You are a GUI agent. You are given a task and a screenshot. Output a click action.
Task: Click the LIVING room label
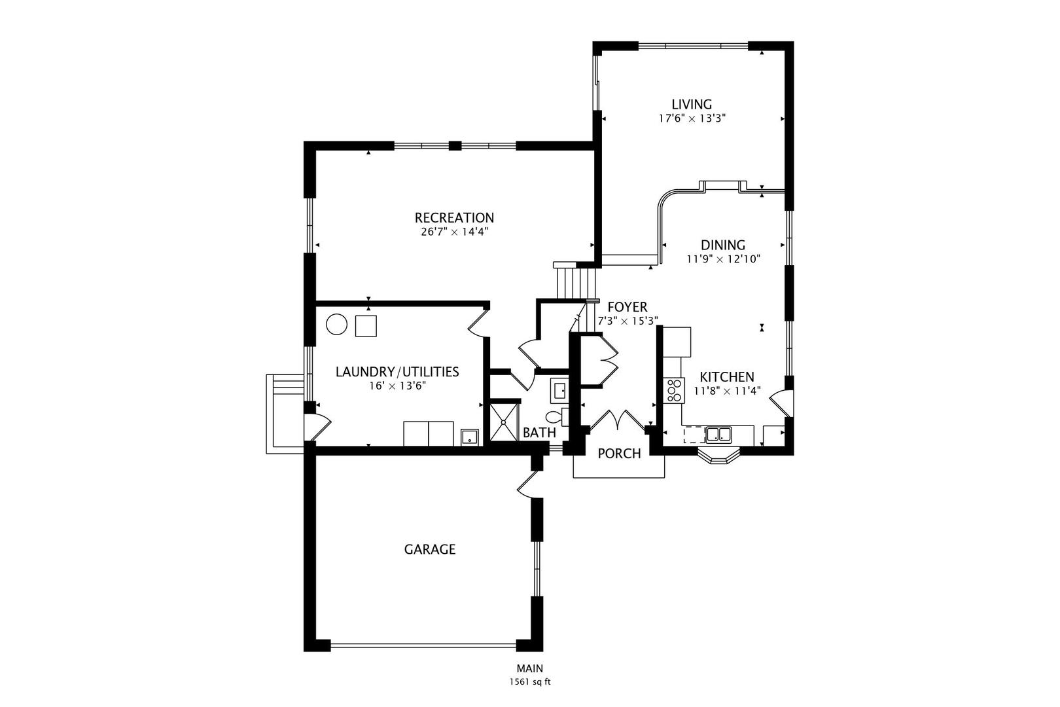point(692,104)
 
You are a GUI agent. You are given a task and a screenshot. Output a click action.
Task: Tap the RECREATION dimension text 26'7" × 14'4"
point(454,232)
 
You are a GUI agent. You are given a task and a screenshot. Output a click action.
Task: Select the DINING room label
point(722,245)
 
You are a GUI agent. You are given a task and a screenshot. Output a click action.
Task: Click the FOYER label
point(627,307)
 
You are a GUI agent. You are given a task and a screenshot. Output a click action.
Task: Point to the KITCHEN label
point(726,377)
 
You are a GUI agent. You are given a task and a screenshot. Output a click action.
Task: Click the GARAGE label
point(429,549)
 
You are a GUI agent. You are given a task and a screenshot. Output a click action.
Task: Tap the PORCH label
point(619,454)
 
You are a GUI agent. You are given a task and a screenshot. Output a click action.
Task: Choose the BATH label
point(539,433)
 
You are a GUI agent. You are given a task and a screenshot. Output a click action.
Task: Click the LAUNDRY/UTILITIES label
point(397,372)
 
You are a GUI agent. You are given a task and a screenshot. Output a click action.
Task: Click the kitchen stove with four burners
point(673,390)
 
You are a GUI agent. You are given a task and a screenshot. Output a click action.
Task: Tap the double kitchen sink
point(718,434)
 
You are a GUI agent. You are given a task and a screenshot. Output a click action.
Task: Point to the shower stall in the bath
point(504,423)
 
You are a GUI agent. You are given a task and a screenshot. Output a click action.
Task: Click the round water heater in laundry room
point(337,325)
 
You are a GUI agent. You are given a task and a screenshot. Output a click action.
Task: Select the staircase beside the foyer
point(576,281)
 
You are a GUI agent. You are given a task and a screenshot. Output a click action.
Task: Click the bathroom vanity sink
point(560,391)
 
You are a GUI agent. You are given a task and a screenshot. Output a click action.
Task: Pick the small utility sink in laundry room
point(470,437)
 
